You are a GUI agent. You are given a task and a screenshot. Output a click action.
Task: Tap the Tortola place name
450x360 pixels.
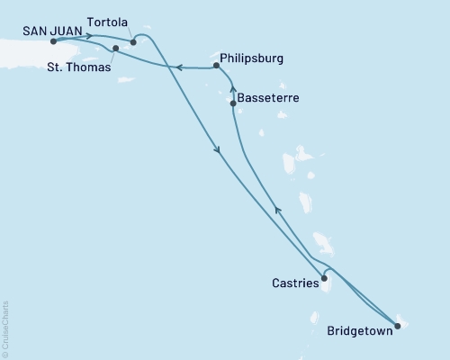click(x=108, y=21)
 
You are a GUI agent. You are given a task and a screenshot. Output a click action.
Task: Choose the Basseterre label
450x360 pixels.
click(x=268, y=96)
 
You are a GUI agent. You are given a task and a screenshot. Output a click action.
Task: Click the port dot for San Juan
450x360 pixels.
click(x=54, y=41)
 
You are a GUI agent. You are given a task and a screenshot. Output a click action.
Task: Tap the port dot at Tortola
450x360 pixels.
click(x=133, y=41)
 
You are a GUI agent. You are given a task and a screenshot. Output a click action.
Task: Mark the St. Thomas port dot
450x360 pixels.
click(x=116, y=48)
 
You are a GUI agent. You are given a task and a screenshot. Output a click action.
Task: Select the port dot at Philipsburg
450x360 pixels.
click(x=216, y=65)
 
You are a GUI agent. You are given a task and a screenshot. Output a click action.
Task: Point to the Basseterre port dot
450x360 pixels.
click(x=233, y=103)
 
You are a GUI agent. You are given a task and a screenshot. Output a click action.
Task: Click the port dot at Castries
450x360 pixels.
click(x=324, y=278)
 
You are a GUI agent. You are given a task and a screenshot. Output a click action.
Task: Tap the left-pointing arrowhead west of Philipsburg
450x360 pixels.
click(x=178, y=67)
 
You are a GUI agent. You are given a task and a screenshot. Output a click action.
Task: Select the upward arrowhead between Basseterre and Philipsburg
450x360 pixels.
click(x=232, y=88)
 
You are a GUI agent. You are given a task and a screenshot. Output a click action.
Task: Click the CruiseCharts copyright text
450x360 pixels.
click(x=5, y=328)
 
